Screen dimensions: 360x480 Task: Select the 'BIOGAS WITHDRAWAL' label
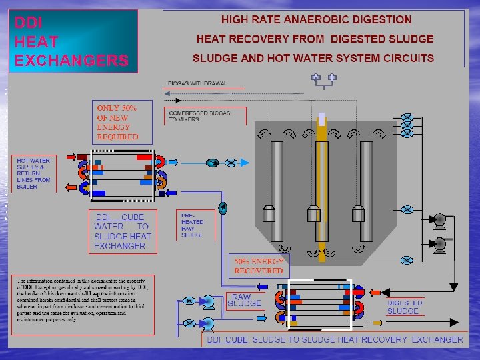point(197,83)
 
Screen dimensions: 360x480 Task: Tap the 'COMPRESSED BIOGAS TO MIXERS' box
point(199,116)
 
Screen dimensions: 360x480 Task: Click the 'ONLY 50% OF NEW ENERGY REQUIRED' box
point(117,122)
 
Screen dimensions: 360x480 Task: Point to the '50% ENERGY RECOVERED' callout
point(259,266)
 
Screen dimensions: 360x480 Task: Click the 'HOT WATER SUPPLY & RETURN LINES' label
point(33,173)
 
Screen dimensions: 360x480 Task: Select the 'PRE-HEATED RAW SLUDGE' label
point(193,225)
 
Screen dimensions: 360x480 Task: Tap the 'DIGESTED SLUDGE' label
point(403,307)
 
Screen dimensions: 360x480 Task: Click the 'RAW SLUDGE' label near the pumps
point(244,300)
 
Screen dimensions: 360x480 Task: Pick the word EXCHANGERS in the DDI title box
point(71,61)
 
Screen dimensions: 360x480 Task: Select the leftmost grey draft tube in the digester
point(277,180)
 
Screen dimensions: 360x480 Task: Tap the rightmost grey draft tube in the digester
point(366,180)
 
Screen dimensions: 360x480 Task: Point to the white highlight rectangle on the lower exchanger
point(319,305)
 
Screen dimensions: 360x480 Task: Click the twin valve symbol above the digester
point(323,78)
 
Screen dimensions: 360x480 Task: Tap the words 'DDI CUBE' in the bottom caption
point(227,339)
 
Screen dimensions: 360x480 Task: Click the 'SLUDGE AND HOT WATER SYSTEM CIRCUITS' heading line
point(313,58)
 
